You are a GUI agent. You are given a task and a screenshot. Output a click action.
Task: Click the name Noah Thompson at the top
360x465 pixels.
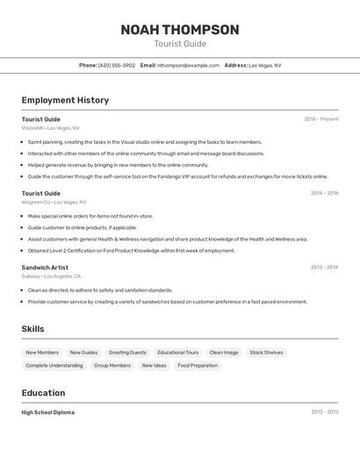pyautogui.click(x=180, y=30)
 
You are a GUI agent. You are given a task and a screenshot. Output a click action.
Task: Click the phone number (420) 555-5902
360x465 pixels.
pyautogui.click(x=117, y=65)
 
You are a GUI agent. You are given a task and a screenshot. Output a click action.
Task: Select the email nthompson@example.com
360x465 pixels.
pyautogui.click(x=188, y=65)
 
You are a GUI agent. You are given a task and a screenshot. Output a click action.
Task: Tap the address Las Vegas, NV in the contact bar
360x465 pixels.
pyautogui.click(x=264, y=65)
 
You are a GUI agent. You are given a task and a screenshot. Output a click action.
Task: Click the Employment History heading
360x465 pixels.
pyautogui.click(x=65, y=100)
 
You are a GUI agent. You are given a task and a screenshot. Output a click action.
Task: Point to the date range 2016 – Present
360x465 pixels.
pyautogui.click(x=320, y=119)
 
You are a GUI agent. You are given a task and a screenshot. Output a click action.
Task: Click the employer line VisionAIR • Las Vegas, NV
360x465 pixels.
pyautogui.click(x=50, y=128)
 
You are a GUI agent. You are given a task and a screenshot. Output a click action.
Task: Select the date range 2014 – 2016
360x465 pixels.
pyautogui.click(x=324, y=193)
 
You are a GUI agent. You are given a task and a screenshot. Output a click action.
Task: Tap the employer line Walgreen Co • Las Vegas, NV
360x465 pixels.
pyautogui.click(x=54, y=202)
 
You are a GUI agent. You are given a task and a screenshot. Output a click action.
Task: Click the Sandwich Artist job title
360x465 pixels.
pyautogui.click(x=45, y=268)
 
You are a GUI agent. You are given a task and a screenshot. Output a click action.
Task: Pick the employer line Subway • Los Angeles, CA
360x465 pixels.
pyautogui.click(x=51, y=276)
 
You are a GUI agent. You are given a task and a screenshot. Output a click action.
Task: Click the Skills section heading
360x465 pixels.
pyautogui.click(x=33, y=329)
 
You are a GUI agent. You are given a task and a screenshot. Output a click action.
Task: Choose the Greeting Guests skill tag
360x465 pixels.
pyautogui.click(x=127, y=353)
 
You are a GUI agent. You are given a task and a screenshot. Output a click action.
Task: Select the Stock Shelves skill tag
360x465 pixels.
pyautogui.click(x=266, y=353)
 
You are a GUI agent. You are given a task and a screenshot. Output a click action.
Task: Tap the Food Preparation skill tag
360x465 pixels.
pyautogui.click(x=198, y=366)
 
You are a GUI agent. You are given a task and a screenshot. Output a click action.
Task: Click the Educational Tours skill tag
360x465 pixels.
pyautogui.click(x=178, y=353)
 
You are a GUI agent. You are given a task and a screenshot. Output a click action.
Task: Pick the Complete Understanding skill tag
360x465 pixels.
pyautogui.click(x=54, y=366)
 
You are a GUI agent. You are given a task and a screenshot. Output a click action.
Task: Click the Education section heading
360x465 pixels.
pyautogui.click(x=43, y=393)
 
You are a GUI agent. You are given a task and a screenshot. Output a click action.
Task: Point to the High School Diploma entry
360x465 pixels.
pyautogui.click(x=48, y=412)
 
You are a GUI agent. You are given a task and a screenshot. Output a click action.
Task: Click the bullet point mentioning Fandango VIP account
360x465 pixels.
pyautogui.click(x=177, y=176)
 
